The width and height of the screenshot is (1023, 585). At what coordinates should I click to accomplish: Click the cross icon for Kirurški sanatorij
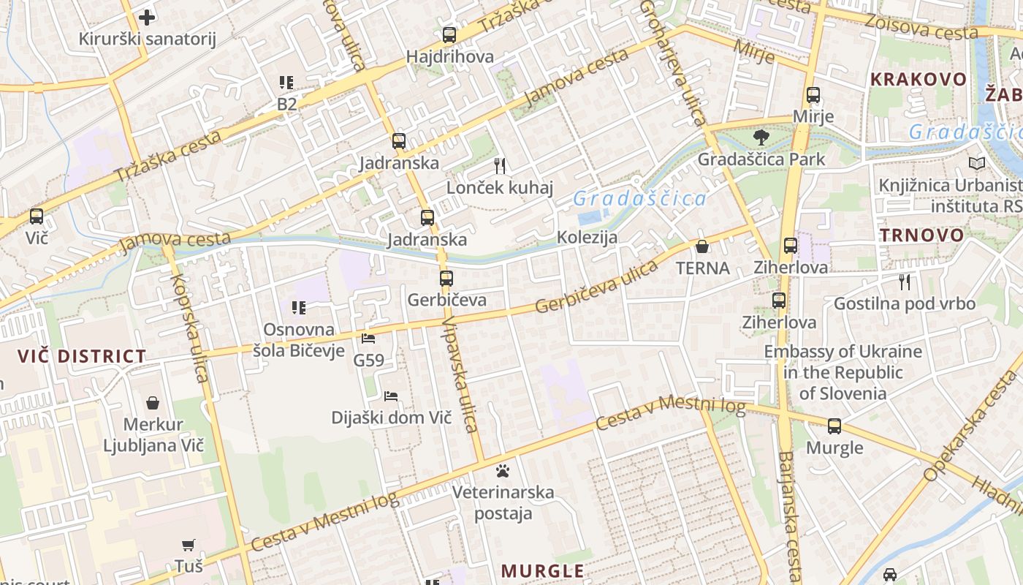(x=147, y=17)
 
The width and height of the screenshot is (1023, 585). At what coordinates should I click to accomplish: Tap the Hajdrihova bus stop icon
(x=449, y=34)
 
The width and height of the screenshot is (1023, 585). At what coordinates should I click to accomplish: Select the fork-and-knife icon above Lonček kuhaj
(x=500, y=165)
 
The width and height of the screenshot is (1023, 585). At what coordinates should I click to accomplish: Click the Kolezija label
(x=587, y=237)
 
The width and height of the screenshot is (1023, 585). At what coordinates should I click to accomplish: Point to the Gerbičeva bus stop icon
(x=446, y=279)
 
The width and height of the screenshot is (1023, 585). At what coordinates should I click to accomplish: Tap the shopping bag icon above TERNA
(x=702, y=246)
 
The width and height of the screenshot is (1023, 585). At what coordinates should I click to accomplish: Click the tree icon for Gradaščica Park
(x=761, y=137)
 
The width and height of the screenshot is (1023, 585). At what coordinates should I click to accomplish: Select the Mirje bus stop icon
(x=813, y=95)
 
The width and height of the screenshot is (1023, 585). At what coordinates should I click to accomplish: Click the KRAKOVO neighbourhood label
(x=919, y=79)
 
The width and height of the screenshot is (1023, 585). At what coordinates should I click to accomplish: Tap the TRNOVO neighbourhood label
(x=921, y=235)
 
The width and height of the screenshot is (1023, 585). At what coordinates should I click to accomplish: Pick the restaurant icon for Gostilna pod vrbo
(x=905, y=282)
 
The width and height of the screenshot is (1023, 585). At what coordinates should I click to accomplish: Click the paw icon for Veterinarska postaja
(x=503, y=470)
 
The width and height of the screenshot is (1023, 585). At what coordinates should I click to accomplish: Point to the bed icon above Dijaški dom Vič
(x=391, y=396)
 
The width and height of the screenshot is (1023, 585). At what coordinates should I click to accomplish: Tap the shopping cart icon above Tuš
(x=189, y=545)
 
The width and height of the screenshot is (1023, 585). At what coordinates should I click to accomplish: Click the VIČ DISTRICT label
(x=82, y=357)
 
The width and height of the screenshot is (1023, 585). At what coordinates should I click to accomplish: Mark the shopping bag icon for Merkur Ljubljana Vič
(x=153, y=403)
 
